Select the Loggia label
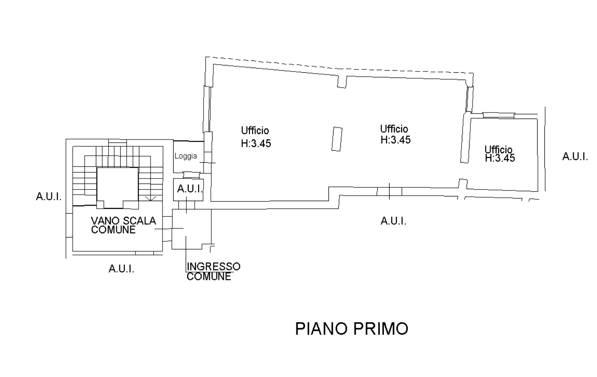(186, 156)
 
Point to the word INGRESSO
(213, 267)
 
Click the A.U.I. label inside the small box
(189, 189)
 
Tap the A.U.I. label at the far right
(575, 157)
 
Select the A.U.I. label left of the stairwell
(49, 197)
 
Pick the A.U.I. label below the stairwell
(121, 269)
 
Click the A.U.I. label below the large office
(393, 221)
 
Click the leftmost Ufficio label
(255, 131)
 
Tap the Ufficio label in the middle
(394, 129)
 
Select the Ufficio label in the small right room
(498, 149)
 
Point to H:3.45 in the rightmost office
(500, 158)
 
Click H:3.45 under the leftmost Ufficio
(256, 143)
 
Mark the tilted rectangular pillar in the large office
(337, 139)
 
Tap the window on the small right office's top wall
(499, 115)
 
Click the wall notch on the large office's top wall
(342, 82)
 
